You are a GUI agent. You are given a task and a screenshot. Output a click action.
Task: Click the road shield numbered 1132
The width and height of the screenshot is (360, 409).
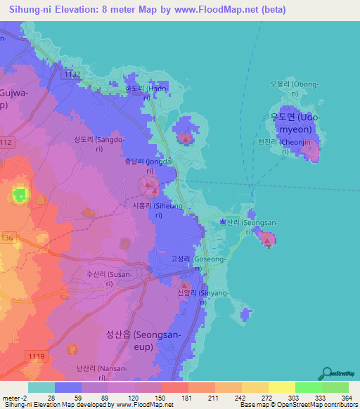pos(71,73)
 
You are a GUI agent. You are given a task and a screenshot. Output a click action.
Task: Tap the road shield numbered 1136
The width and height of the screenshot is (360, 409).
pos(6,238)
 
